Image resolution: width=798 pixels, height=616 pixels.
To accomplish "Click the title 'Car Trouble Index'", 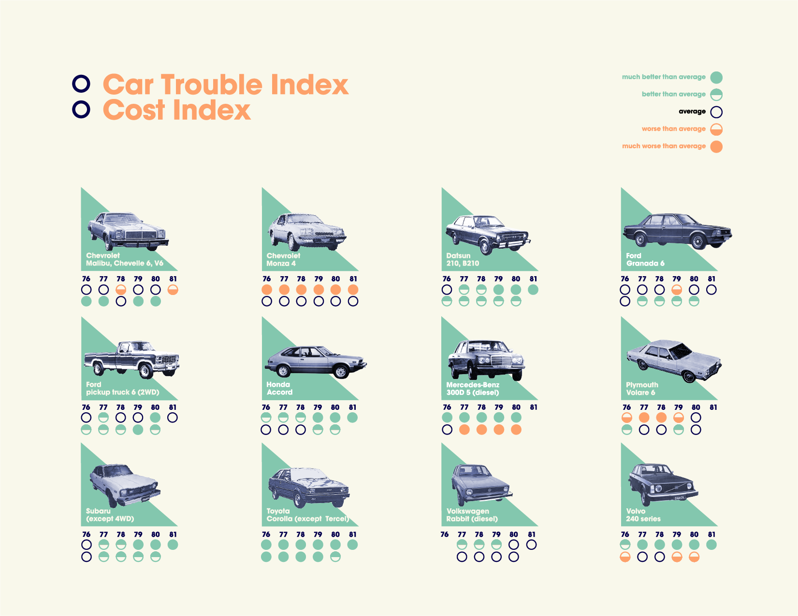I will pyautogui.click(x=225, y=85).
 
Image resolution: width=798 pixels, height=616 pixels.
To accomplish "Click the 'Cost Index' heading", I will pyautogui.click(x=177, y=110).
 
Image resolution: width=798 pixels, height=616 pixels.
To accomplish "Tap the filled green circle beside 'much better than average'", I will pyautogui.click(x=716, y=77).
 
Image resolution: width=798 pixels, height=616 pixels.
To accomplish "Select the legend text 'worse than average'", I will pyautogui.click(x=673, y=129).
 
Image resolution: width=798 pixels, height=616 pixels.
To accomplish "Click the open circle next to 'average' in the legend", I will pyautogui.click(x=716, y=112).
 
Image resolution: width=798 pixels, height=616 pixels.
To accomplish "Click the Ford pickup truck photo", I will pyautogui.click(x=132, y=359).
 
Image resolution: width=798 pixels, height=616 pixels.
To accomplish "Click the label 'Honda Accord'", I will pyautogui.click(x=279, y=388).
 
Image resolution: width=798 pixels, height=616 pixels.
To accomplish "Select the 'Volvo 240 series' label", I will pyautogui.click(x=643, y=515).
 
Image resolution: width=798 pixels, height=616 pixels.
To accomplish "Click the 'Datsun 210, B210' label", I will pyautogui.click(x=462, y=259).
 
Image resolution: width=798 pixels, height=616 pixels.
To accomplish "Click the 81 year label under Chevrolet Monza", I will pyautogui.click(x=353, y=279).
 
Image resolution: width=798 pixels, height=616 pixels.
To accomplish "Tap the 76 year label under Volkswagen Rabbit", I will pyautogui.click(x=445, y=534).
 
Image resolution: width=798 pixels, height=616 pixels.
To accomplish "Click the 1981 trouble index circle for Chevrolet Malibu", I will pyautogui.click(x=173, y=290).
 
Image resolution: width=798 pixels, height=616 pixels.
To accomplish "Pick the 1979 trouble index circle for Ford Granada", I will pyautogui.click(x=677, y=290).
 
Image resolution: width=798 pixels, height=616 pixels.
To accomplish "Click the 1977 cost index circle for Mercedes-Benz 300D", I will pyautogui.click(x=464, y=429).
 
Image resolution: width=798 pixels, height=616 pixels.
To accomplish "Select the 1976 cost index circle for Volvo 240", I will pyautogui.click(x=625, y=557).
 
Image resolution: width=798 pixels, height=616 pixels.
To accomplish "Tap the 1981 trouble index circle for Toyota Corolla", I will pyautogui.click(x=353, y=545).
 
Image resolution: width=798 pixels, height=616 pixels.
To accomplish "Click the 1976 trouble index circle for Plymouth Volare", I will pyautogui.click(x=627, y=418).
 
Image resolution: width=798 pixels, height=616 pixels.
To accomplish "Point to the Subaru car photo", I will pyautogui.click(x=125, y=484).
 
